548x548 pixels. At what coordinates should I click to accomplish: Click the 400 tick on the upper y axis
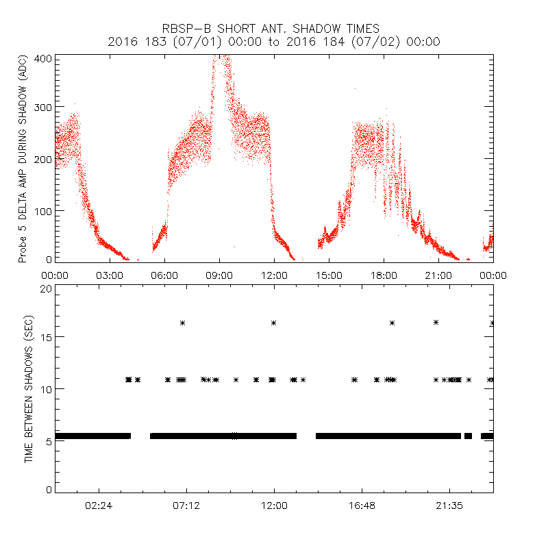43,58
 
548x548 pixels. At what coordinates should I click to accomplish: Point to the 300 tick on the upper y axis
43,108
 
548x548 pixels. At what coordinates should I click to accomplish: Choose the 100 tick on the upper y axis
43,210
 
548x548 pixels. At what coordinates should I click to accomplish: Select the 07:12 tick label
186,507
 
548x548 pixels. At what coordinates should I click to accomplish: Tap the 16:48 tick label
362,507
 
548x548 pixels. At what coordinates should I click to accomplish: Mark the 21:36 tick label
449,507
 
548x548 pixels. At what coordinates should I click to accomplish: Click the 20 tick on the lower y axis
46,288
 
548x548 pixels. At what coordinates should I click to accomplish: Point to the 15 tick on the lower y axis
46,337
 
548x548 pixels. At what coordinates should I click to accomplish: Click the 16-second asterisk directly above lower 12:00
273,323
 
